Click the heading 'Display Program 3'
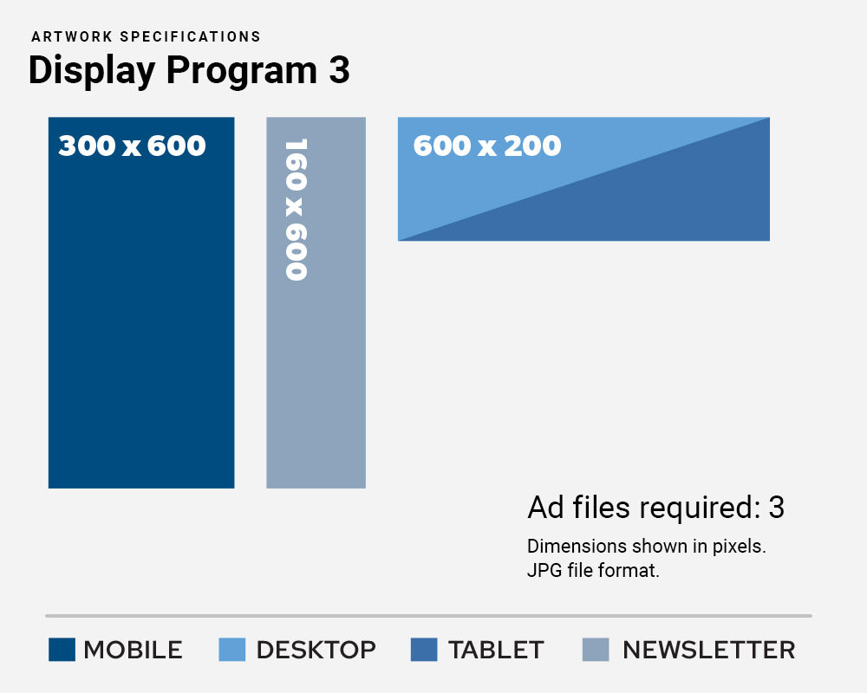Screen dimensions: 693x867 (189, 70)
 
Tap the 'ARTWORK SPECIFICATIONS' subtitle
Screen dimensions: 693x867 (146, 36)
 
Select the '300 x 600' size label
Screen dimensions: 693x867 (132, 146)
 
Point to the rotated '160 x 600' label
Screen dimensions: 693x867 (297, 209)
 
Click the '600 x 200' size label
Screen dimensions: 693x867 (486, 146)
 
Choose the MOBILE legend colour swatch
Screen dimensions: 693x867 (62, 650)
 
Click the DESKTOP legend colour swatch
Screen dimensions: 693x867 (232, 650)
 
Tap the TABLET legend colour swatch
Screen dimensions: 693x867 (424, 650)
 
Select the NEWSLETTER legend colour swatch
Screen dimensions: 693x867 (596, 650)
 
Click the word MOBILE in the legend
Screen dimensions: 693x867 (133, 650)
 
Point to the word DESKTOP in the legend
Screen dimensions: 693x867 (316, 650)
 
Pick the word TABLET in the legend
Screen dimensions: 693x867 (496, 650)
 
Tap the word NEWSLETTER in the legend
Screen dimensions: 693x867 (708, 650)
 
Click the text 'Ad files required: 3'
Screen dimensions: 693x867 (655, 508)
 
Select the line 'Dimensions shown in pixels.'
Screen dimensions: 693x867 (646, 547)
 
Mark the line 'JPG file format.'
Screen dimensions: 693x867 (593, 571)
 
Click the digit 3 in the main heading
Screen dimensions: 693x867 (339, 70)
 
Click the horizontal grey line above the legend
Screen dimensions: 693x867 (428, 616)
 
